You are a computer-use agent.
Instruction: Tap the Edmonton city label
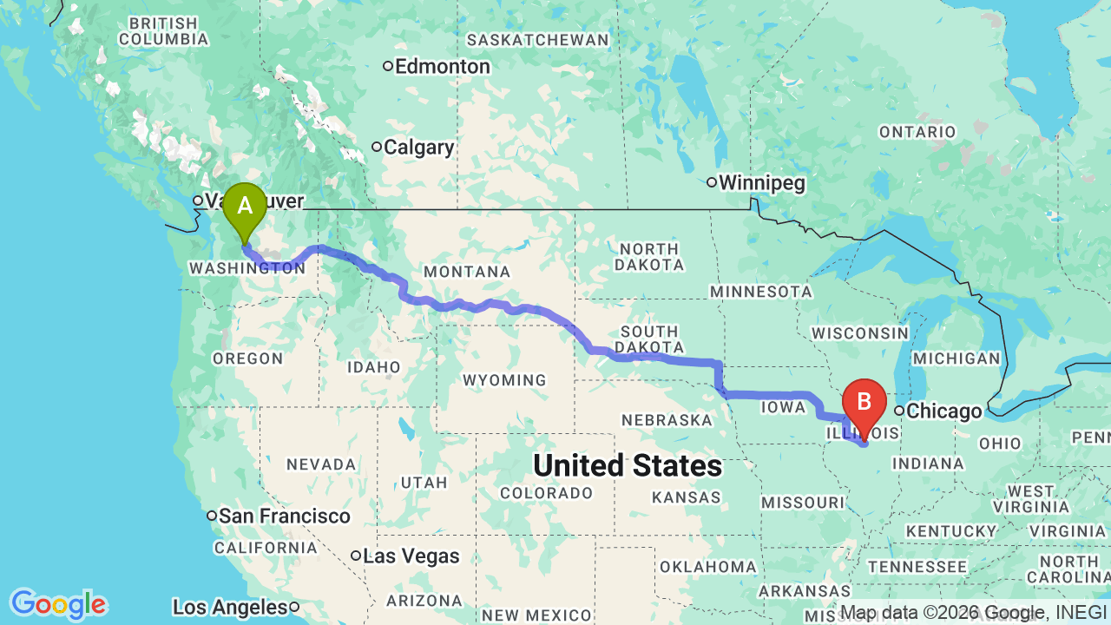point(442,67)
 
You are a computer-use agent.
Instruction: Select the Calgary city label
point(418,148)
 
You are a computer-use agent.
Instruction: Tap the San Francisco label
point(284,516)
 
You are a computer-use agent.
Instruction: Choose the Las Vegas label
point(411,556)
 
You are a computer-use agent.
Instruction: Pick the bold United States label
point(628,466)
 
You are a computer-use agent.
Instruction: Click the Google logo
point(58,604)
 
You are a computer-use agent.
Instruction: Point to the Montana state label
point(467,273)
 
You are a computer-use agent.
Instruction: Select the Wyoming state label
point(504,380)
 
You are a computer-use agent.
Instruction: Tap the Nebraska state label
point(667,421)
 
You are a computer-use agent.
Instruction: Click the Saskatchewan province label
point(538,40)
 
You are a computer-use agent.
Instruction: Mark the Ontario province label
point(917,132)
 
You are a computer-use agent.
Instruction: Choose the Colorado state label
point(547,493)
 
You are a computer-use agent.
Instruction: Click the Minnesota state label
point(761,292)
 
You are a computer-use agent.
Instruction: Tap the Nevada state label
point(321,465)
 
